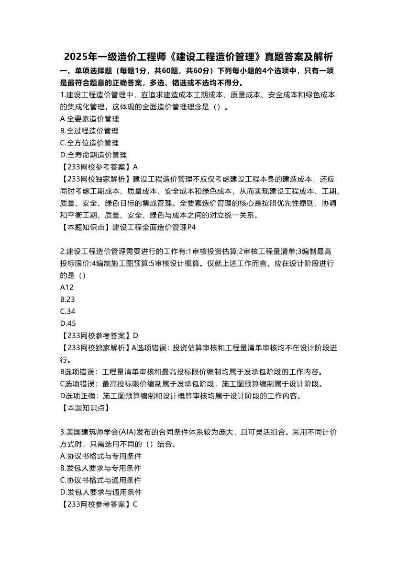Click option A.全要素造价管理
click(89, 119)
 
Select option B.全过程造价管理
click(89, 131)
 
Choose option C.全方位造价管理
click(89, 143)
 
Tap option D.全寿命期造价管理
click(93, 155)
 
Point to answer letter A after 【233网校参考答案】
click(135, 167)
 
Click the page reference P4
click(191, 228)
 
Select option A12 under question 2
click(67, 287)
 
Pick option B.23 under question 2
click(67, 299)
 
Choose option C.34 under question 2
click(67, 311)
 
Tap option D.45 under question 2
click(68, 323)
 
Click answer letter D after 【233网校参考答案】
click(135, 335)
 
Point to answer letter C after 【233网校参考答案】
click(135, 504)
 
